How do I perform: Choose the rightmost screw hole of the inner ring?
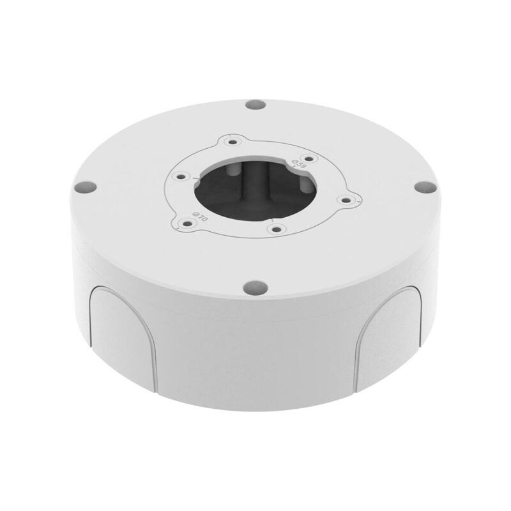click(346, 200)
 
